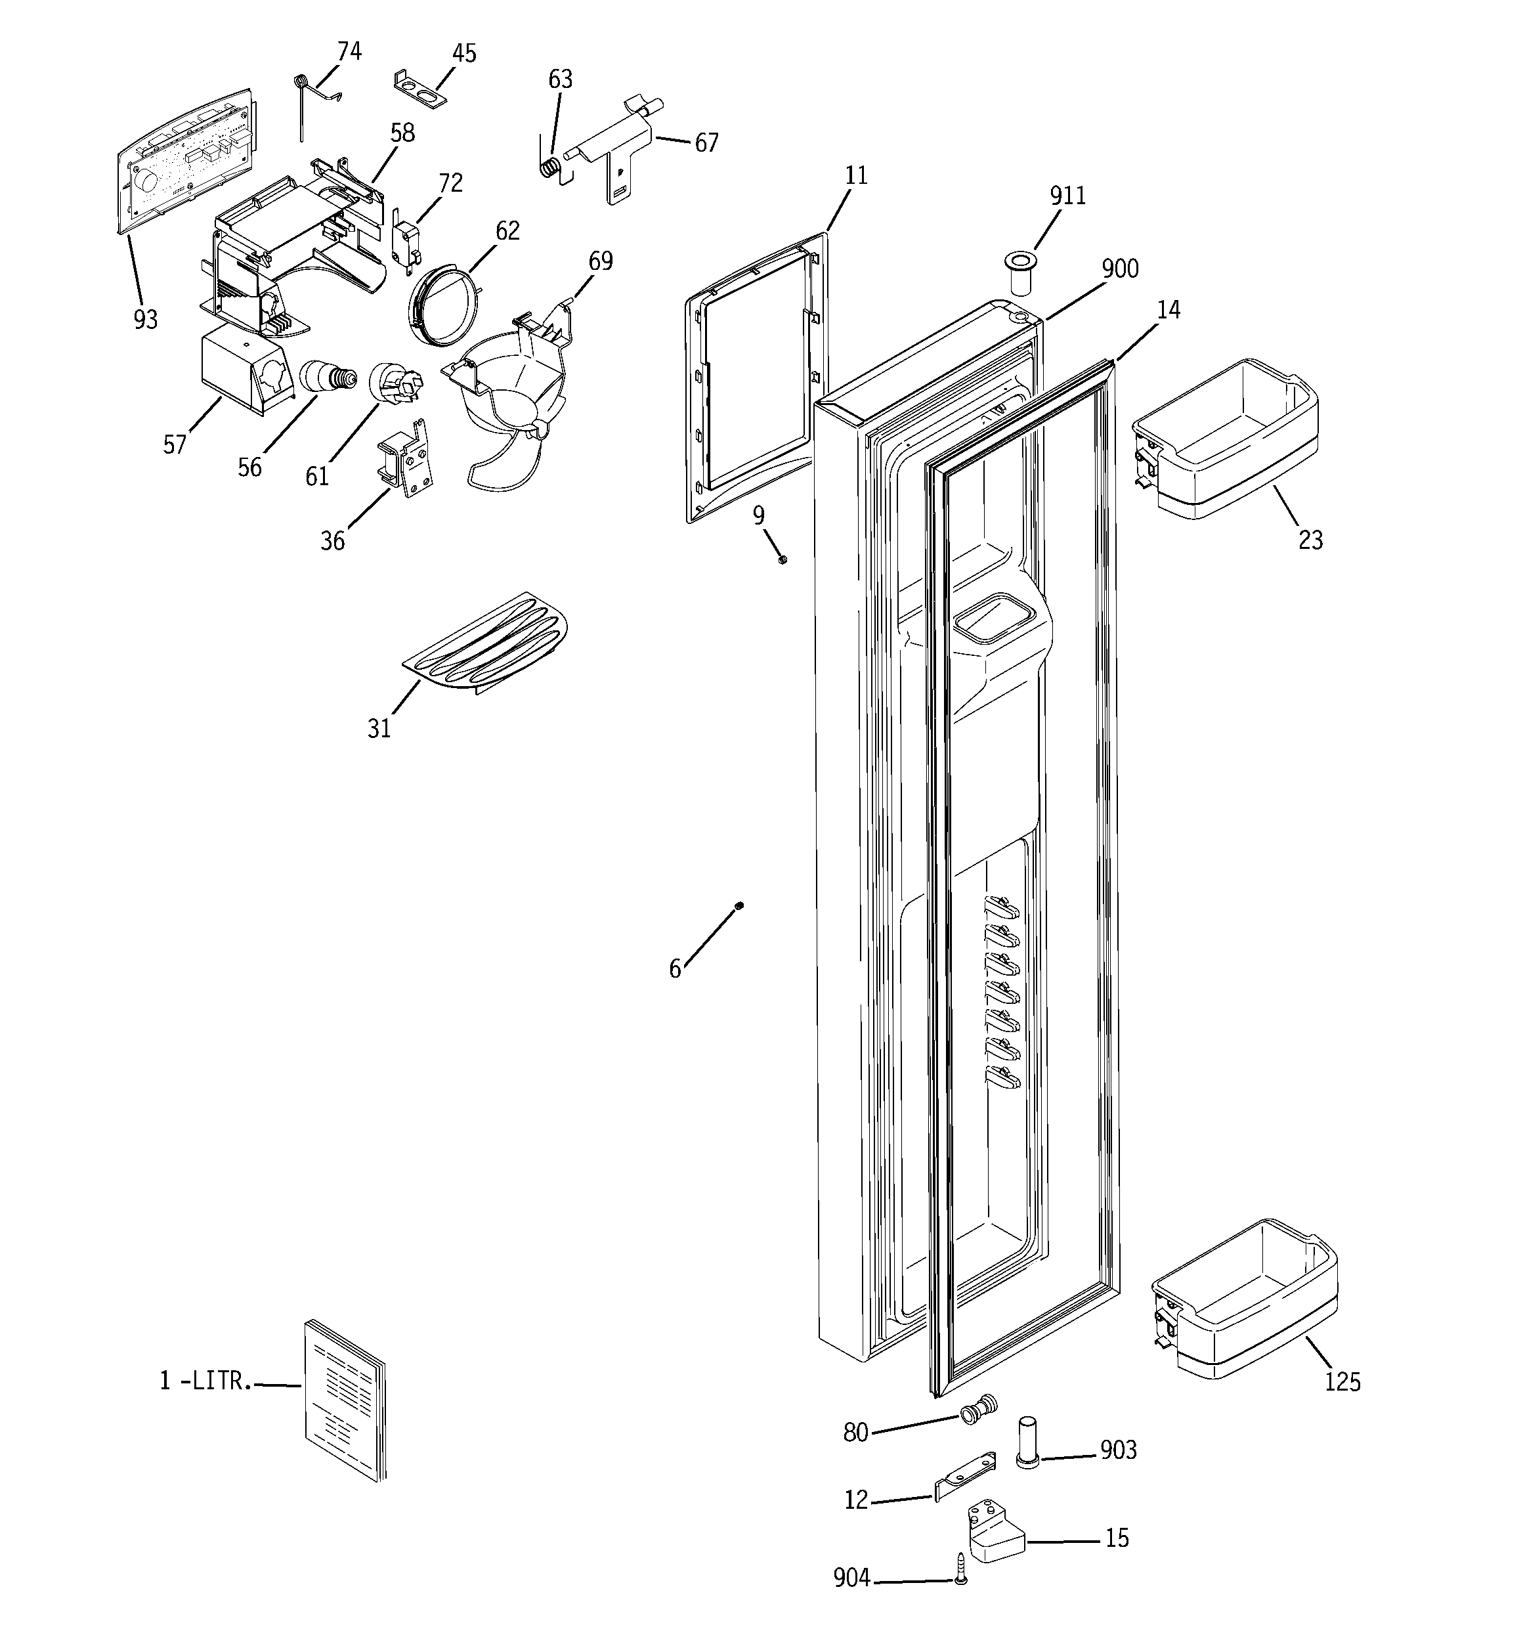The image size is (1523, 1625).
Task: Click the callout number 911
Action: (1067, 196)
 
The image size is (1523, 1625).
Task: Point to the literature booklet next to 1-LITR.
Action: (343, 1398)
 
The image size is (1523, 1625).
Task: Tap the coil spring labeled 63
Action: (553, 167)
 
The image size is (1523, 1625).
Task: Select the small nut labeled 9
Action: (783, 559)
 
